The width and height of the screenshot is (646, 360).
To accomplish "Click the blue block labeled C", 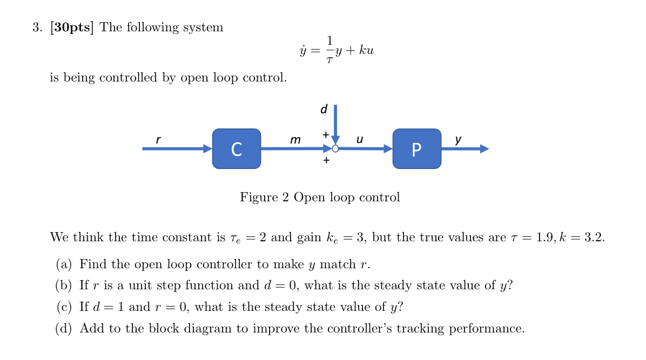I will pyautogui.click(x=237, y=148).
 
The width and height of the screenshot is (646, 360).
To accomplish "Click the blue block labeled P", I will pyautogui.click(x=416, y=148).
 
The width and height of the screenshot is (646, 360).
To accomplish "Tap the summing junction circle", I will pyautogui.click(x=335, y=149).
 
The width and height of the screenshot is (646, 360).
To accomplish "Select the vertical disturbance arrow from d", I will pyautogui.click(x=335, y=123).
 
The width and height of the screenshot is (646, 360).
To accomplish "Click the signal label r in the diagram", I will pyautogui.click(x=158, y=140).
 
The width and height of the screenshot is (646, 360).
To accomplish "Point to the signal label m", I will pyautogui.click(x=295, y=140).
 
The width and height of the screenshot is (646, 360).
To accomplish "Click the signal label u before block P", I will pyautogui.click(x=360, y=140).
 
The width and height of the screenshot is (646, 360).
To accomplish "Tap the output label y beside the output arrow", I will pyautogui.click(x=458, y=139).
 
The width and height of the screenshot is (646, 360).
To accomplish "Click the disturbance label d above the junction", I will pyautogui.click(x=324, y=110).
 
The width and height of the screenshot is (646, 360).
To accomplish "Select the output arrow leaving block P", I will pyautogui.click(x=465, y=149).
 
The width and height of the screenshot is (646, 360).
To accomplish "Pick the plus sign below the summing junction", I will pyautogui.click(x=326, y=160).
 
